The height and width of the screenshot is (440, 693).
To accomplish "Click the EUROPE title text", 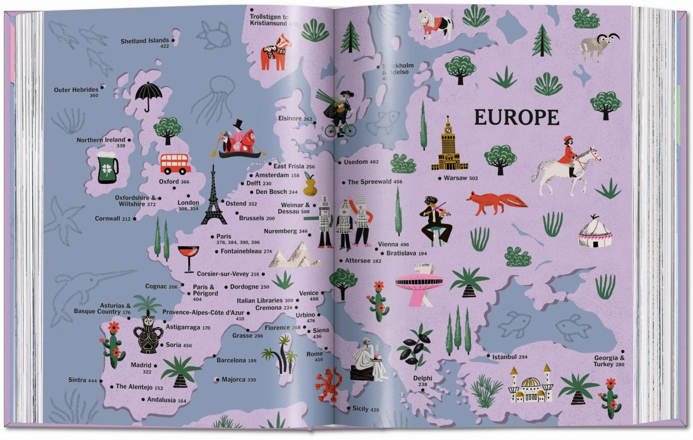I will [x=517, y=118].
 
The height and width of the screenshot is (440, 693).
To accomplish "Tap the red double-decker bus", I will [x=176, y=164].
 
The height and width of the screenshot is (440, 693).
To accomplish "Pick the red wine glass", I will [x=188, y=257].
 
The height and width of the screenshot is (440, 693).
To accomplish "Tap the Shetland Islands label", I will [x=144, y=41].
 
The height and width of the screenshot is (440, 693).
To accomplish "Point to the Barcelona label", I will [x=231, y=360].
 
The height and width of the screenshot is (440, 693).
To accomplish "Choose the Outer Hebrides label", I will [x=76, y=90].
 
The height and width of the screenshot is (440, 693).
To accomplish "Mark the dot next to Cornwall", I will [x=135, y=219].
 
